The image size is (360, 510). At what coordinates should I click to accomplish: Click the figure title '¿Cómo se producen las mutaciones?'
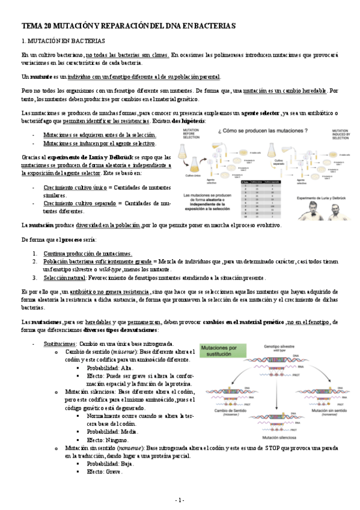click(253, 130)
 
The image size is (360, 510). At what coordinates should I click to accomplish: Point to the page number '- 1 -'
click(180, 500)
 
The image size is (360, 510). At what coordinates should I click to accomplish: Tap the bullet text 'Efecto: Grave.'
click(104, 472)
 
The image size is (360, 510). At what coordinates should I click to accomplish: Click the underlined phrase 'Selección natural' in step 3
click(64, 278)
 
